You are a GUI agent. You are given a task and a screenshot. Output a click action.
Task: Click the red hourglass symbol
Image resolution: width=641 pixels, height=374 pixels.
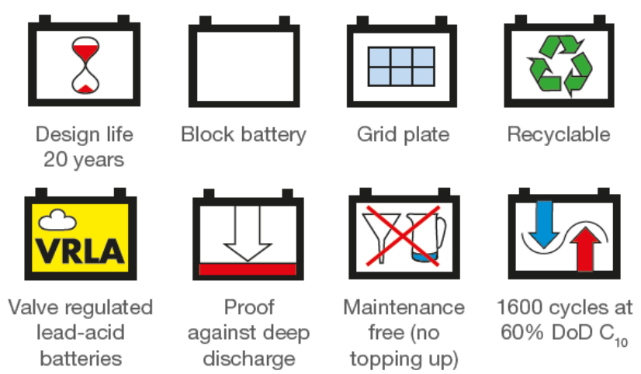click(85, 65)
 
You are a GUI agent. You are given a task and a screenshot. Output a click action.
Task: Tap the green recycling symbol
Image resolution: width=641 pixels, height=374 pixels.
click(561, 65)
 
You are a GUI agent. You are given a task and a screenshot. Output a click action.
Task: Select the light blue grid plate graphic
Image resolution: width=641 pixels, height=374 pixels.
click(401, 66)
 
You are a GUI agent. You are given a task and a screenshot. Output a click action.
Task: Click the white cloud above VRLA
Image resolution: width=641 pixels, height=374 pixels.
click(57, 220)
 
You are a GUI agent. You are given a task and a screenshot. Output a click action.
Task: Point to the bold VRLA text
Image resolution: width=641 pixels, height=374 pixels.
click(80, 251)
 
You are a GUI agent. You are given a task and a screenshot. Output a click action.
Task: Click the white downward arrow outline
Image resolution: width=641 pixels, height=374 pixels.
click(248, 233)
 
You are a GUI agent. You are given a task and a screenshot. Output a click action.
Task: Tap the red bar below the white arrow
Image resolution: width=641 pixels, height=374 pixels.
click(248, 269)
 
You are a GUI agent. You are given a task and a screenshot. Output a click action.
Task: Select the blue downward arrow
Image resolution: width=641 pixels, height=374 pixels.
click(544, 224)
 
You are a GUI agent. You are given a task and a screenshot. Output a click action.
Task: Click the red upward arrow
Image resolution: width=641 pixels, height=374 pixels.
click(585, 248)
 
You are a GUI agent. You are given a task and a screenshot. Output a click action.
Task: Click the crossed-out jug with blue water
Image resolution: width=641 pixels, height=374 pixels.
click(426, 238)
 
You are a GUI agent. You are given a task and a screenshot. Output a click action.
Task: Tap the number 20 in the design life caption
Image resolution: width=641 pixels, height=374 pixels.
click(56, 159)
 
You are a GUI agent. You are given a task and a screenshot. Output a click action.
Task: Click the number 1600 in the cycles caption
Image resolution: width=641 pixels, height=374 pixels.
click(520, 307)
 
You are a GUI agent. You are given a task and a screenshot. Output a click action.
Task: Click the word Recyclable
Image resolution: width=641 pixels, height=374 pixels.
click(559, 134)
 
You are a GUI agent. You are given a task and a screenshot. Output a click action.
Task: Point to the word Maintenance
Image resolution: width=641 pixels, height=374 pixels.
click(404, 307)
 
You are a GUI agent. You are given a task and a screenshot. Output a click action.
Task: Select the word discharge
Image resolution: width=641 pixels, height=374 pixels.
click(249, 359)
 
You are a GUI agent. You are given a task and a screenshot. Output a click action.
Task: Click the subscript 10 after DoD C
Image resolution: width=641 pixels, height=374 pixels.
click(621, 341)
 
